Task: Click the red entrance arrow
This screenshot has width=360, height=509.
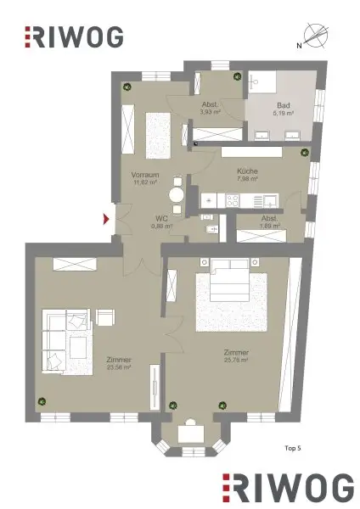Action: pos(106,220)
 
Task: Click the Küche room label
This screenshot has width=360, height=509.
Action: pos(248,171)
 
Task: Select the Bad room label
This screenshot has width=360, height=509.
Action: pos(284,105)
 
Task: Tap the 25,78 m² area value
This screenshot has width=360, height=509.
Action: pos(235,360)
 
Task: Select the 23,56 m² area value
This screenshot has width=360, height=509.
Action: pos(95,366)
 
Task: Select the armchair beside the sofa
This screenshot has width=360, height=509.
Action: pos(105,317)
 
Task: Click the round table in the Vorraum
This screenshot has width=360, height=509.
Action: pos(176,194)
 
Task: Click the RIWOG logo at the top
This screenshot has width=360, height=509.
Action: pos(75,36)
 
